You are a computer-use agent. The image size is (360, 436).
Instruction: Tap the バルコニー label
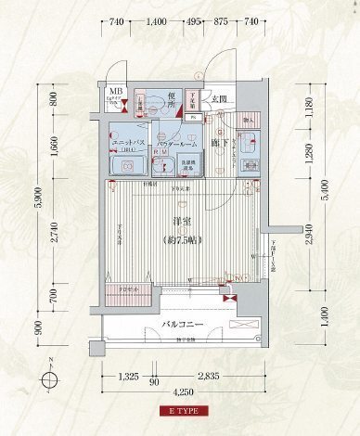pos(182,326)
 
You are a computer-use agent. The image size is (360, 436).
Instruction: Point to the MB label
pos(114,91)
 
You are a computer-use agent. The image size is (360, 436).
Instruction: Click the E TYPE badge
pos(183,410)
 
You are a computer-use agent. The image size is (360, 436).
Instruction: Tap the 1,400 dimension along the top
pos(156,21)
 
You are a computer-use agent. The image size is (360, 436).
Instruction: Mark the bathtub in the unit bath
pos(127,165)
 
